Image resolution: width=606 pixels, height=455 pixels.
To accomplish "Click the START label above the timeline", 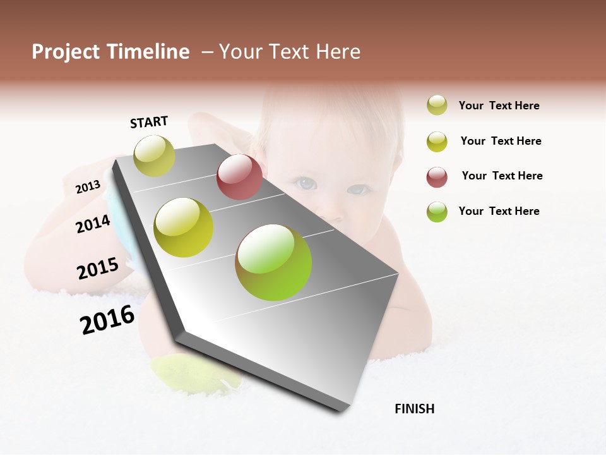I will pos(149,122).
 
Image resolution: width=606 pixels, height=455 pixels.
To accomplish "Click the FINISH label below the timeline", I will pos(414,409).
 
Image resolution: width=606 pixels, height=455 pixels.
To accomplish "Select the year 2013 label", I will pos(88,186).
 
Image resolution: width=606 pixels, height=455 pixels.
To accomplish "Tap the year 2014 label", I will pos(93,224).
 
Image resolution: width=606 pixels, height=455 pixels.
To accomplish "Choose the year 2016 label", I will pos(107,320).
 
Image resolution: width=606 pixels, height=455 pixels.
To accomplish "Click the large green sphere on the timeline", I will pos(273,262).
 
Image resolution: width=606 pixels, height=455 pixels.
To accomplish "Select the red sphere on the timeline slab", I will pos(239,177).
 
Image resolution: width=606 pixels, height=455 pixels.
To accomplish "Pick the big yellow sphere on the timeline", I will pos(184,227).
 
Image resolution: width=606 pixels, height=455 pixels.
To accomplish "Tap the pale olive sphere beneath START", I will pos(154,155).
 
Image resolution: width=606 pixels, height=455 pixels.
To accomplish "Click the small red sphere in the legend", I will pos(437,177).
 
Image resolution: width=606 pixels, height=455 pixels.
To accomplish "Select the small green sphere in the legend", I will pos(437,212).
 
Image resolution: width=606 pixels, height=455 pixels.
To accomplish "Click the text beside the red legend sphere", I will pos(502,176).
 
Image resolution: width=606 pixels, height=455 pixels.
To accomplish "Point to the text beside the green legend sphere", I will pos(499,211).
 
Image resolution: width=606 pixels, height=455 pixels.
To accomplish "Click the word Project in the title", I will pos(66,52).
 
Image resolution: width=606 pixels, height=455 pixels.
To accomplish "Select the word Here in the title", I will pos(338,52).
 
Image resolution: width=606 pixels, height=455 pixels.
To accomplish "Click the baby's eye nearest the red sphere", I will pos(306,184).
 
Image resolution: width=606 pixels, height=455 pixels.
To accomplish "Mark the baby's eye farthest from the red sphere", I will pos(358,189).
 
